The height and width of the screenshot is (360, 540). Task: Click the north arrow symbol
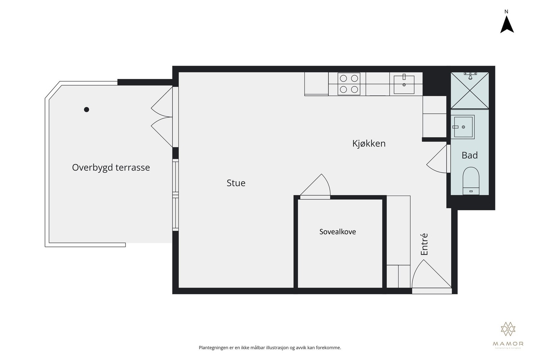pyautogui.click(x=507, y=25)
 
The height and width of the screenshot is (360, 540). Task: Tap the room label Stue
pyautogui.click(x=236, y=183)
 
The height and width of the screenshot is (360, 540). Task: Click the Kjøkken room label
pyautogui.click(x=369, y=143)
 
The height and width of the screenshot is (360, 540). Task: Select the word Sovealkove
pyautogui.click(x=337, y=232)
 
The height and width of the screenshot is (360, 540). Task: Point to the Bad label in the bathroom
pyautogui.click(x=469, y=155)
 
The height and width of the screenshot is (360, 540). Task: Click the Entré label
pyautogui.click(x=424, y=244)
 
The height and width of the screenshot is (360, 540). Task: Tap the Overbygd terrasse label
pyautogui.click(x=111, y=167)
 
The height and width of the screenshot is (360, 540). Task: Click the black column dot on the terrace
pyautogui.click(x=86, y=109)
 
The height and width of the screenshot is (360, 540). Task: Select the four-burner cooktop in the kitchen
pyautogui.click(x=349, y=84)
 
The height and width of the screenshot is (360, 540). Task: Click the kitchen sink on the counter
pyautogui.click(x=404, y=84)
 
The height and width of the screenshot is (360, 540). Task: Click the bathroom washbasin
pyautogui.click(x=463, y=127)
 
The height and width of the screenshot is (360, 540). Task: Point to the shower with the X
pyautogui.click(x=469, y=90)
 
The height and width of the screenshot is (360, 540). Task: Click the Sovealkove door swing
pyautogui.click(x=319, y=187)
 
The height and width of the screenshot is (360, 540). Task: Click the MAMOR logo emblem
pyautogui.click(x=508, y=329)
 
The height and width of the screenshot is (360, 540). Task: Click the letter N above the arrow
pyautogui.click(x=506, y=11)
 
